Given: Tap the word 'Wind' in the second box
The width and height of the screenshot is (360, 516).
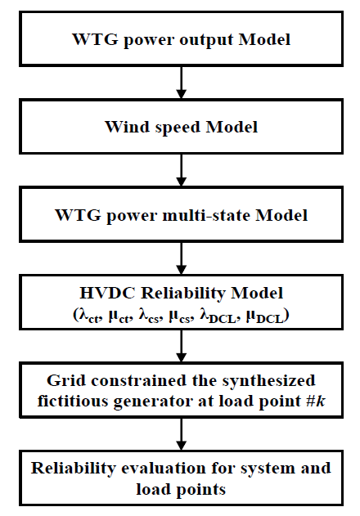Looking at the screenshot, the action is coord(127,127).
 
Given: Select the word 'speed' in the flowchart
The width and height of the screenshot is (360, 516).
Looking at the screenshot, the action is coord(178,128).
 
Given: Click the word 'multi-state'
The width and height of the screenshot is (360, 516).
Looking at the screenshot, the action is coord(206,215).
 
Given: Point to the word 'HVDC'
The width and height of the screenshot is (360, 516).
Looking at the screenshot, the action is coord(107,293).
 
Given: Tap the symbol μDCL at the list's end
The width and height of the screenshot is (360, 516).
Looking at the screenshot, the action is coord(264,317).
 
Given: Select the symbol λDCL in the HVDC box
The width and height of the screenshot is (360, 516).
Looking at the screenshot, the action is coord(218,316).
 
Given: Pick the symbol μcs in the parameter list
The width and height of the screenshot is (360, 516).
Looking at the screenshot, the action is coord(179,317).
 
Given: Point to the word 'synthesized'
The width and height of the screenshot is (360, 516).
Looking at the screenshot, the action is coord(268,382).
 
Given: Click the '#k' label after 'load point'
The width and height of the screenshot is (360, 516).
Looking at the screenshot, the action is coord(315,402).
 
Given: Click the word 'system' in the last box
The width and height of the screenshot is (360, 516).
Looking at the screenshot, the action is coord(264,469).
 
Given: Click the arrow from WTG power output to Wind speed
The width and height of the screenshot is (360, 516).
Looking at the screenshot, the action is coord(181,83).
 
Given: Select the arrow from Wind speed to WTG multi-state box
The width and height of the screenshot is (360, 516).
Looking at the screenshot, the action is coord(181,170).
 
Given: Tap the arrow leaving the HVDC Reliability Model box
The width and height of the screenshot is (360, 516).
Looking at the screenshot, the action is coord(181,346).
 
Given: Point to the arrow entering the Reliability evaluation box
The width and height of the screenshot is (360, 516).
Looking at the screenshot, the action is coord(181,434).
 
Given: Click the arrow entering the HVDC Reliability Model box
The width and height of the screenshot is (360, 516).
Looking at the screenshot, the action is coord(181,258).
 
